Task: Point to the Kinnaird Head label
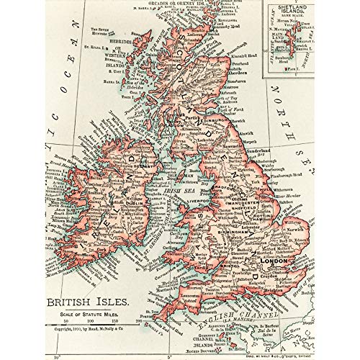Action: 248,75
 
